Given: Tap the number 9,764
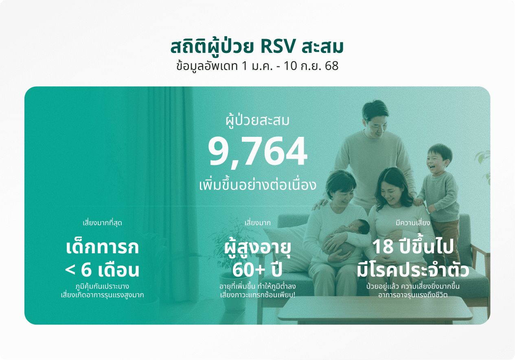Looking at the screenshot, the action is pyautogui.click(x=257, y=152).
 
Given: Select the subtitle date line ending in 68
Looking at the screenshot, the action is pyautogui.click(x=257, y=66).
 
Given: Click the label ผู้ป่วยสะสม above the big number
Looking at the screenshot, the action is pyautogui.click(x=257, y=120).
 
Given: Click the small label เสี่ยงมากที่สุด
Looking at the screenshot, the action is pyautogui.click(x=102, y=223).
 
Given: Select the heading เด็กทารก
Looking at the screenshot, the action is pyautogui.click(x=102, y=247).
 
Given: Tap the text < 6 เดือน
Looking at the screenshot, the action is pyautogui.click(x=102, y=270).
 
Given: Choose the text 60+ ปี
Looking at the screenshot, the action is pyautogui.click(x=257, y=269).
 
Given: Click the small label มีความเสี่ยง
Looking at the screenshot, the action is pyautogui.click(x=413, y=223).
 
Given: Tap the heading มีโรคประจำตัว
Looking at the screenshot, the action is pyautogui.click(x=413, y=269).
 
